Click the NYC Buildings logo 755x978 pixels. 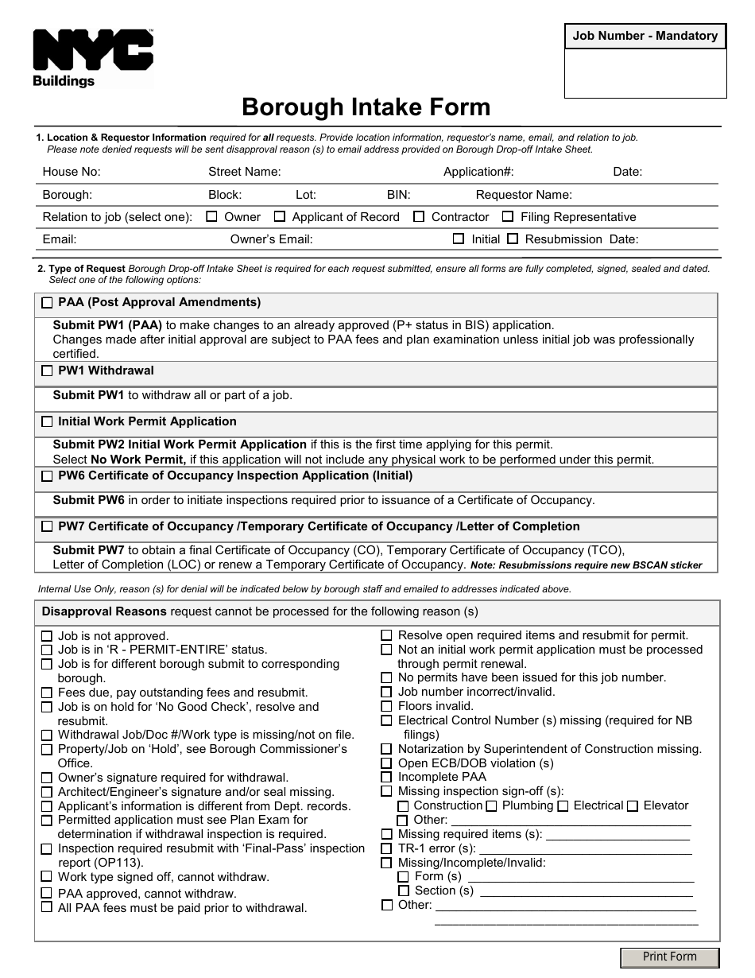pyautogui.click(x=92, y=57)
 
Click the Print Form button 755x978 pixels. pyautogui.click(x=669, y=957)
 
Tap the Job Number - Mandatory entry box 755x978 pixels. pyautogui.click(x=645, y=73)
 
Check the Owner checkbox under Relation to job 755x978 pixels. pyautogui.click(x=212, y=216)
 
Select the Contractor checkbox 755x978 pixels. pyautogui.click(x=419, y=216)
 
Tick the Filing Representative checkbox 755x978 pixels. pyautogui.click(x=508, y=216)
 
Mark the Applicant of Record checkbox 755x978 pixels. pyautogui.click(x=280, y=216)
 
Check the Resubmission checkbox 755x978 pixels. pyautogui.click(x=513, y=239)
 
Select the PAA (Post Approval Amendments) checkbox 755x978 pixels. pyautogui.click(x=47, y=303)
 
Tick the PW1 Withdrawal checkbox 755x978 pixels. pyautogui.click(x=47, y=371)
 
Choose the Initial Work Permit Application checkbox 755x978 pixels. pyautogui.click(x=47, y=422)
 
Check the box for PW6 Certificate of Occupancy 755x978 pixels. pyautogui.click(x=47, y=476)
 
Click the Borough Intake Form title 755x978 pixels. pyautogui.click(x=366, y=107)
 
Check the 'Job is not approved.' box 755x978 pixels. pyautogui.click(x=47, y=636)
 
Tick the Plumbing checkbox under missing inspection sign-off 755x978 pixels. pyautogui.click(x=491, y=806)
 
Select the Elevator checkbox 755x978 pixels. pyautogui.click(x=633, y=806)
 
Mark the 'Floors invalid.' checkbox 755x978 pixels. pyautogui.click(x=386, y=706)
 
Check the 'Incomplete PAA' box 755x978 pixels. pyautogui.click(x=386, y=777)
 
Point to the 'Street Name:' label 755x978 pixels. pyautogui.click(x=244, y=172)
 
